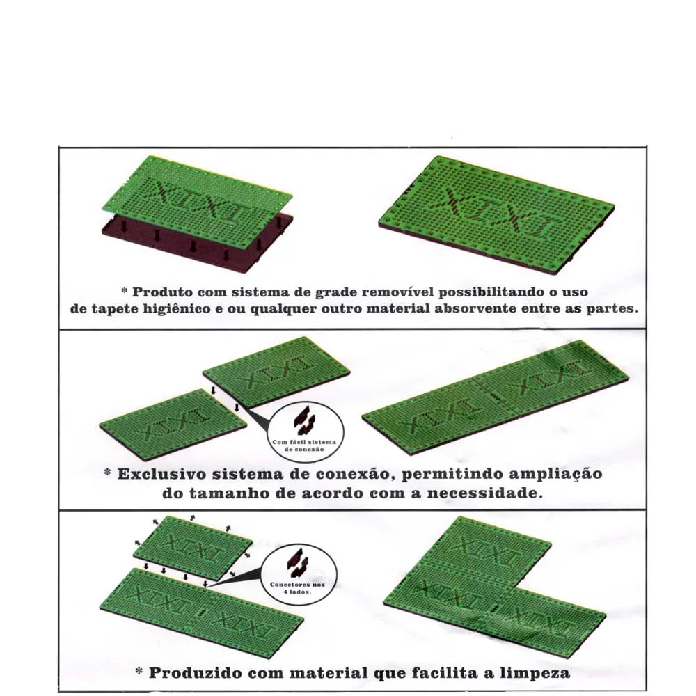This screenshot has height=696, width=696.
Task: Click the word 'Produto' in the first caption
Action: click(x=163, y=292)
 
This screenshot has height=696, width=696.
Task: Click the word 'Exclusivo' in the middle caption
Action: click(x=161, y=474)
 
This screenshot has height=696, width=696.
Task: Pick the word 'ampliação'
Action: click(x=555, y=475)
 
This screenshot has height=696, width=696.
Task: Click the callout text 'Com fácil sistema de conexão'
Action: click(x=304, y=445)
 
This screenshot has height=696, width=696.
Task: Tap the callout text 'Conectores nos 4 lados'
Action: click(x=297, y=588)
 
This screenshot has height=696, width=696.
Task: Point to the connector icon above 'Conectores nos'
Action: click(x=297, y=563)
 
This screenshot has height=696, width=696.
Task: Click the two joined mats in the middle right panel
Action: click(x=496, y=397)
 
